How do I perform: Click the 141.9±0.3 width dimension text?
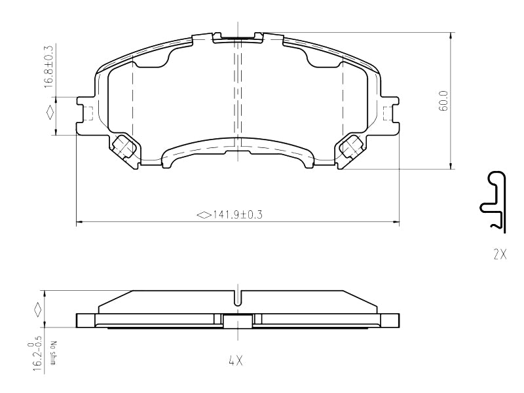(x=238, y=215)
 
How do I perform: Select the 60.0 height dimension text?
(x=444, y=101)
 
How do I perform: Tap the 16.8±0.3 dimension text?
(x=49, y=66)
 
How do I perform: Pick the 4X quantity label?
(x=236, y=361)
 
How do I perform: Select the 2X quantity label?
(x=500, y=255)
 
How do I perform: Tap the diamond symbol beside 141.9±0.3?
(x=204, y=215)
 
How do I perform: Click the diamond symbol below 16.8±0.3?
(x=50, y=112)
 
